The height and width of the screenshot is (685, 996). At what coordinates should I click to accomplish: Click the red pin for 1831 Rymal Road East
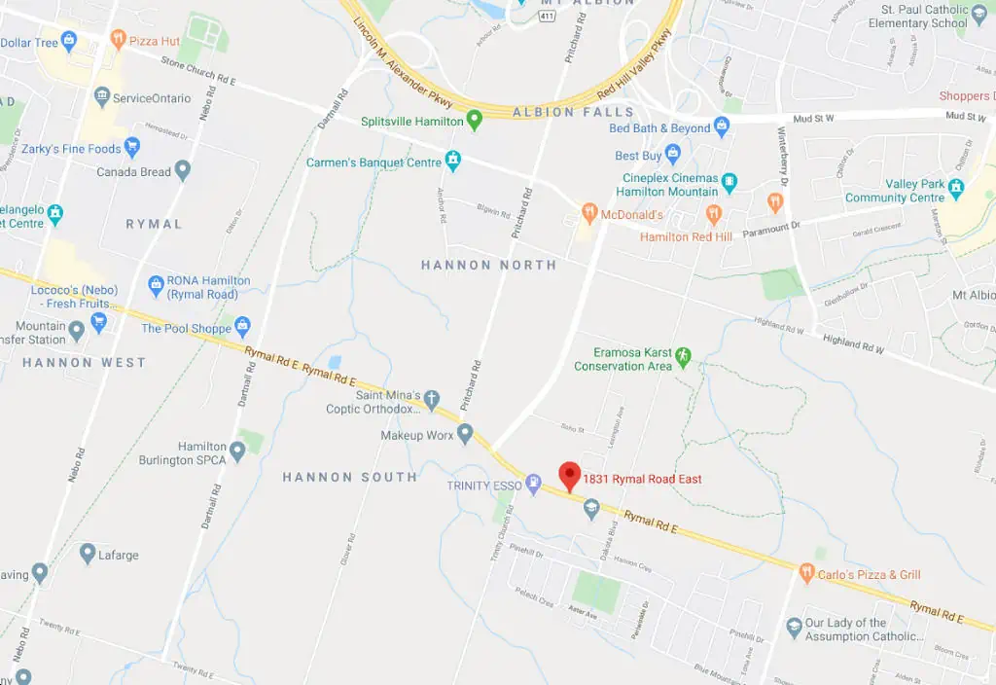pyautogui.click(x=569, y=476)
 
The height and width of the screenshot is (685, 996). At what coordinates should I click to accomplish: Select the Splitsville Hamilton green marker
pyautogui.click(x=475, y=121)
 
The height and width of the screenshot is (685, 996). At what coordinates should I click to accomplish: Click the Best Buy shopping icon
pyautogui.click(x=673, y=155)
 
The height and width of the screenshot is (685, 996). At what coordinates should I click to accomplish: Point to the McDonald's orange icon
pyautogui.click(x=588, y=213)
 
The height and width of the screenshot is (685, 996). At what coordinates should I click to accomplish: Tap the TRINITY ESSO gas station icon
pyautogui.click(x=533, y=485)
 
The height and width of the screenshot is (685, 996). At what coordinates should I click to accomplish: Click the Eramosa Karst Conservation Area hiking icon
pyautogui.click(x=683, y=356)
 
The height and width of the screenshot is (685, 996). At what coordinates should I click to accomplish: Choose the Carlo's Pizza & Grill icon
pyautogui.click(x=805, y=573)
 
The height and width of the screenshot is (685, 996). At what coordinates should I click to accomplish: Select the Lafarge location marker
pyautogui.click(x=88, y=554)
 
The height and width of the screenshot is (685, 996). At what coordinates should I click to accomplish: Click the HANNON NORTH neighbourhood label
pyautogui.click(x=488, y=265)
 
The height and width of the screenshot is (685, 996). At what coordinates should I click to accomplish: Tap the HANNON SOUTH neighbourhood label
pyautogui.click(x=349, y=477)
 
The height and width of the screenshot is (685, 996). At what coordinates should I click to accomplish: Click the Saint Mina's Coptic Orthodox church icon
pyautogui.click(x=431, y=400)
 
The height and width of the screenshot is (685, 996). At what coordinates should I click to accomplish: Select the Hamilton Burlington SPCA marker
pyautogui.click(x=237, y=451)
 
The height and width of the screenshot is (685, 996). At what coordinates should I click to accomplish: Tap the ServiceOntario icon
pyautogui.click(x=101, y=97)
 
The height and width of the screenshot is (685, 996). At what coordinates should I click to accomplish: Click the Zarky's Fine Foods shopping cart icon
pyautogui.click(x=132, y=148)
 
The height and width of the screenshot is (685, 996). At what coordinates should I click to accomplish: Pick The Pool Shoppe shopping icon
pyautogui.click(x=242, y=327)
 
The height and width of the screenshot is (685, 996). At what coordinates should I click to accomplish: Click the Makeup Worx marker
pyautogui.click(x=465, y=434)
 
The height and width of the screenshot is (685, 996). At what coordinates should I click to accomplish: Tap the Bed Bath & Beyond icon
pyautogui.click(x=721, y=126)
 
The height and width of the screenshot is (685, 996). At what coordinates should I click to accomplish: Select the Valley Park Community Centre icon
pyautogui.click(x=956, y=187)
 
